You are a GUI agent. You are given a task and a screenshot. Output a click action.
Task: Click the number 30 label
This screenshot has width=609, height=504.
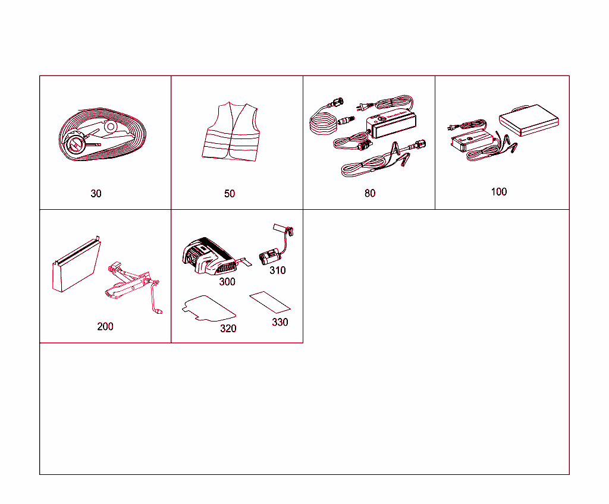click(96, 193)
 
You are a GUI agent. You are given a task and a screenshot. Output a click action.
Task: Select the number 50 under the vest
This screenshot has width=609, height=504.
click(230, 193)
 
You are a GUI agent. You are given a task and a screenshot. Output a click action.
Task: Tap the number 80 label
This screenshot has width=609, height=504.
click(370, 193)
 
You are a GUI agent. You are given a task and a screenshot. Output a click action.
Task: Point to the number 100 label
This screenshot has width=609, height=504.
click(499, 191)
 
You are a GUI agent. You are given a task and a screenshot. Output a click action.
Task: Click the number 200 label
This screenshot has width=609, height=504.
click(105, 326)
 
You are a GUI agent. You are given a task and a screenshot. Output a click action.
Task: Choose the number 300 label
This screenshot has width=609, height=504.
click(227, 282)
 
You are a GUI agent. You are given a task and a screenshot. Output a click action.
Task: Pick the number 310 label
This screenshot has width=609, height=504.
click(278, 270)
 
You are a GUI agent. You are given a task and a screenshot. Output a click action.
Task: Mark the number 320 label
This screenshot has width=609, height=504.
click(228, 329)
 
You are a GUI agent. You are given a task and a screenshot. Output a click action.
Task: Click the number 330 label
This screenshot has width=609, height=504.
click(280, 322)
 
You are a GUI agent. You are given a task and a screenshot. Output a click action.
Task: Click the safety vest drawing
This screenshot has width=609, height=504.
click(231, 132)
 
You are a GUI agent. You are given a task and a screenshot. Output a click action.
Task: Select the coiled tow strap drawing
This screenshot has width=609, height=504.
click(102, 134)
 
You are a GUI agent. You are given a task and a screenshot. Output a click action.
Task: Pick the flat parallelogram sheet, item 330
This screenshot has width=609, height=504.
click(270, 302)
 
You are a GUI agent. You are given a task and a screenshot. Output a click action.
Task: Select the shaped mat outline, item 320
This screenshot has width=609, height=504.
click(209, 308)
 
